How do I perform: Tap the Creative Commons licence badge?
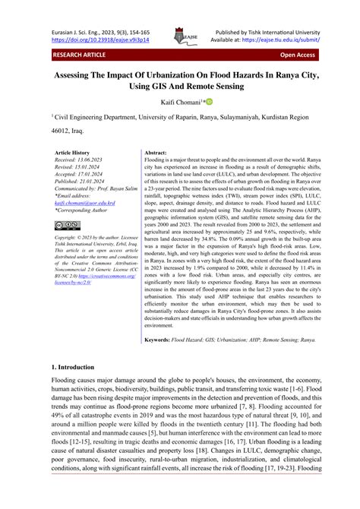pos(67,225)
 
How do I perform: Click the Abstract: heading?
pos(156,153)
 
